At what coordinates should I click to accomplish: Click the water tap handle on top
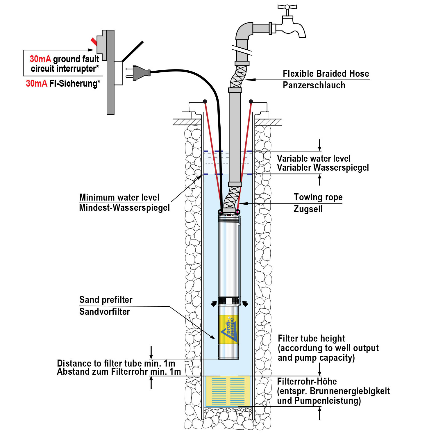coord(287,7)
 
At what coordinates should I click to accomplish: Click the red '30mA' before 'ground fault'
coord(40,59)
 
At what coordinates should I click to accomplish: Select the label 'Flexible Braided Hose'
coord(326,74)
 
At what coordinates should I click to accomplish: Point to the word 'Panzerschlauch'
coord(314,85)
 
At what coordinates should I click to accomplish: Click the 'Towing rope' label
coord(318,197)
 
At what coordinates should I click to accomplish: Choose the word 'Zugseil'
coord(308,209)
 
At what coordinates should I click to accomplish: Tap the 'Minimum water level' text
coord(119,197)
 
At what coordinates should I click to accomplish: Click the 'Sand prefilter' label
coord(106,300)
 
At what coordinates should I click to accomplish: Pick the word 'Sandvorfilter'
coord(105,312)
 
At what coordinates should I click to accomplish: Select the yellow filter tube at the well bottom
coord(228,391)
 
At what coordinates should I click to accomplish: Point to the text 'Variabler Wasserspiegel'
coord(323,168)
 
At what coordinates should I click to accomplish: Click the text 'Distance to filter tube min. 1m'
coord(116,363)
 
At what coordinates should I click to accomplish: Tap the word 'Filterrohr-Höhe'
coord(307,381)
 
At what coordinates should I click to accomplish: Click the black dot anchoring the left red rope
coord(205,101)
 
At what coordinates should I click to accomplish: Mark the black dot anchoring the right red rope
coord(251,101)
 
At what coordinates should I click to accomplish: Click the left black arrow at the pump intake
coord(214,303)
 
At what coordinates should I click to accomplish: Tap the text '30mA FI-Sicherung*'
coord(63,83)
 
